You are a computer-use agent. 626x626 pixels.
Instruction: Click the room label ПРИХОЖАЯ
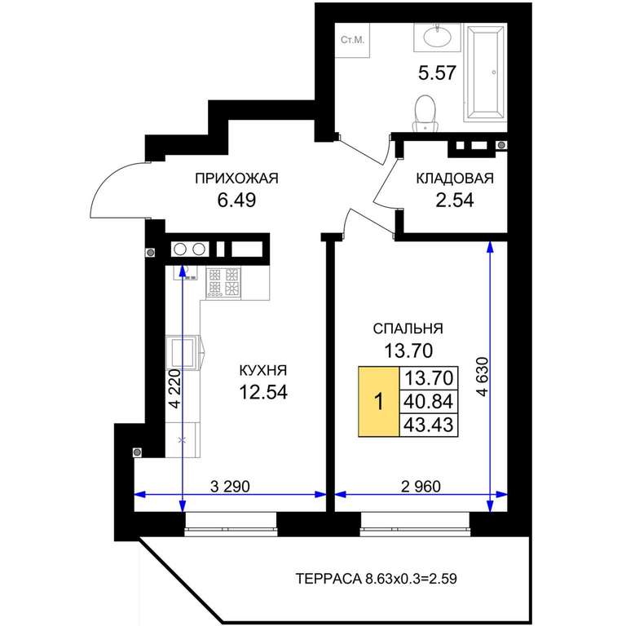236,178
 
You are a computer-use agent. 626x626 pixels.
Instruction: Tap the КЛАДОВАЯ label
455,178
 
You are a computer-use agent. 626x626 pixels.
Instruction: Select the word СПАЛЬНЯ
408,328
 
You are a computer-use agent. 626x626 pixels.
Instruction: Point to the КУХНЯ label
263,370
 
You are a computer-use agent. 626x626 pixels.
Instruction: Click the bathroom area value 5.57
437,73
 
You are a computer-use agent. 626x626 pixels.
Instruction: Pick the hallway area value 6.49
236,200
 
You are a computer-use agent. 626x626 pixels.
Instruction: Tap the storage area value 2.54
455,200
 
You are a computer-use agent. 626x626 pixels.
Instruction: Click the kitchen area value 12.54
263,392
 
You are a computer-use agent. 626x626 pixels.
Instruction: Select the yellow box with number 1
379,401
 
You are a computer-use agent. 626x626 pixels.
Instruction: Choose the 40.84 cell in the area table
429,401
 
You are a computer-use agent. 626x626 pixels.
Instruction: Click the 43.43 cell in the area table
429,425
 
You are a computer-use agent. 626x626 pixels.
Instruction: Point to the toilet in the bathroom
425,113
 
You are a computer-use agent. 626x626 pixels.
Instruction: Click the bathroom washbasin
437,37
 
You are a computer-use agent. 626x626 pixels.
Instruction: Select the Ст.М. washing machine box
352,40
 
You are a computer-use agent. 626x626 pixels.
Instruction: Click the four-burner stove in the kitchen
223,283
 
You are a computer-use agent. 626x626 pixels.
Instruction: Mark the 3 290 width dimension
230,487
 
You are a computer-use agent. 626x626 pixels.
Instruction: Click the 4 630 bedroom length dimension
483,377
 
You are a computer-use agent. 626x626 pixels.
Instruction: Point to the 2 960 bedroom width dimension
421,487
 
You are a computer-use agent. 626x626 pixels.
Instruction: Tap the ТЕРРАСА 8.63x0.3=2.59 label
376,578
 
